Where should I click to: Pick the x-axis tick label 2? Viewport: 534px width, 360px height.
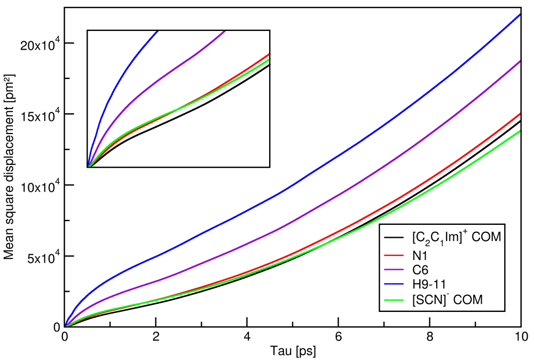[156, 337]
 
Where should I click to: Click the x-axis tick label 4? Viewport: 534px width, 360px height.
[247, 337]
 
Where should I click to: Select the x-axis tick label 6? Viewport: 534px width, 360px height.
[339, 337]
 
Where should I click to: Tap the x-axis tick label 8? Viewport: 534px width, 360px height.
[430, 337]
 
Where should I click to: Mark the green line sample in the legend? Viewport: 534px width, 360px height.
[393, 301]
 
